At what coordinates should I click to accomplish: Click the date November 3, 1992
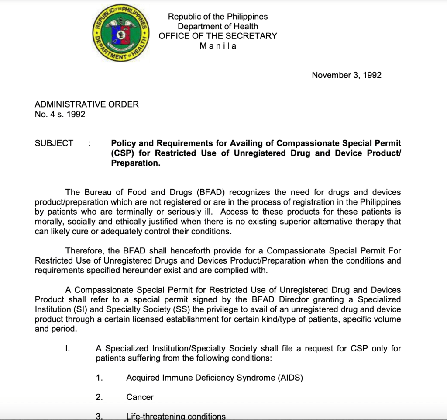pyautogui.click(x=346, y=75)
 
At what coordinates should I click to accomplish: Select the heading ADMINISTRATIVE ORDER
pyautogui.click(x=86, y=104)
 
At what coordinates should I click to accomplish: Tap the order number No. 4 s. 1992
pyautogui.click(x=60, y=115)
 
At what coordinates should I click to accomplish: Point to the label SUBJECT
pyautogui.click(x=54, y=143)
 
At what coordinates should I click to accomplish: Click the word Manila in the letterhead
pyautogui.click(x=218, y=46)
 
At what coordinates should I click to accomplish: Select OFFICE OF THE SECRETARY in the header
pyautogui.click(x=218, y=36)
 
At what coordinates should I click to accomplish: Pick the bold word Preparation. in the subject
pyautogui.click(x=136, y=163)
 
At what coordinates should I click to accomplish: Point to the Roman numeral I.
pyautogui.click(x=67, y=349)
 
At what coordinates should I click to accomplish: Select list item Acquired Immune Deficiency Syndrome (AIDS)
pyautogui.click(x=214, y=378)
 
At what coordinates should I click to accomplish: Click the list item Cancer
pyautogui.click(x=140, y=397)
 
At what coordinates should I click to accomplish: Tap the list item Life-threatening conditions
pyautogui.click(x=176, y=416)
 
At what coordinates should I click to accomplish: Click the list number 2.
pyautogui.click(x=99, y=397)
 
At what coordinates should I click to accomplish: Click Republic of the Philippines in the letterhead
pyautogui.click(x=218, y=17)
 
